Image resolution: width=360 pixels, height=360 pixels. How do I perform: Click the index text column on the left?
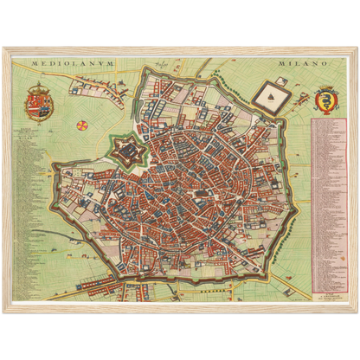click(x=33, y=208)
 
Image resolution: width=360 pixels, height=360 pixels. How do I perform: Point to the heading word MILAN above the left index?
click(x=34, y=148)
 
